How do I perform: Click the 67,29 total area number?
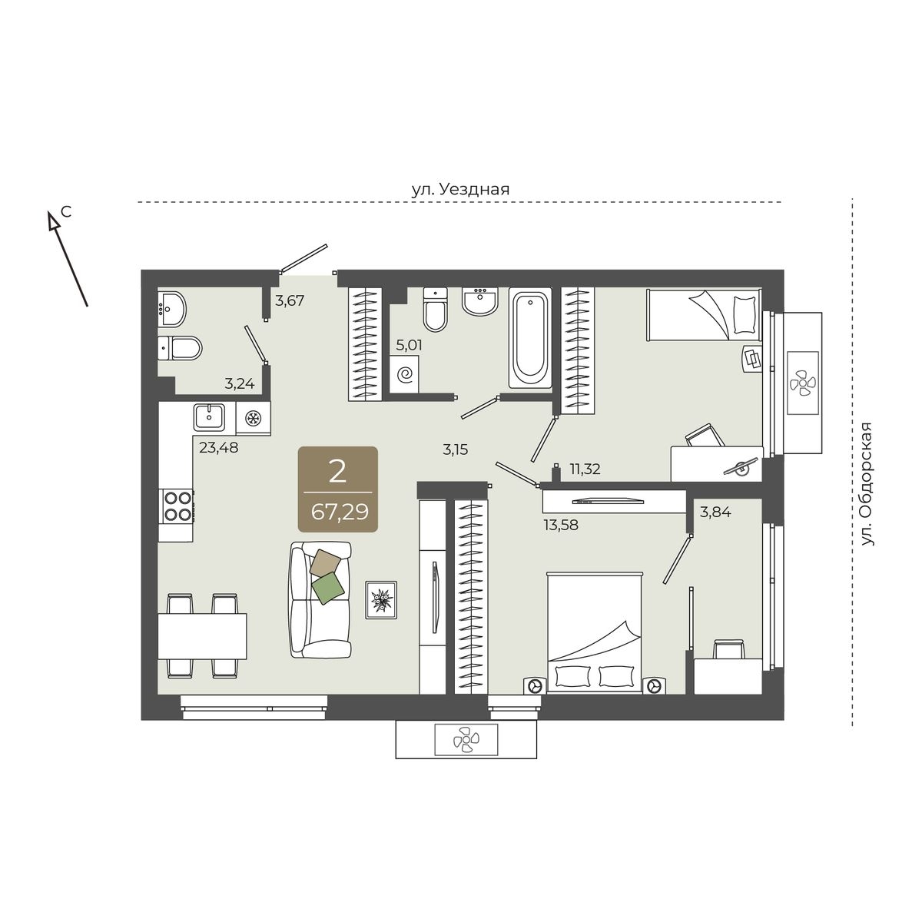click(340, 512)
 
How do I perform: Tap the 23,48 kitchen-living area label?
click(219, 448)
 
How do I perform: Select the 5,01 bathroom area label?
click(409, 345)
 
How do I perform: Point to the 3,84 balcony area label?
click(716, 512)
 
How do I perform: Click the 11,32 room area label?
click(585, 469)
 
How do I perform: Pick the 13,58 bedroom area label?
click(561, 526)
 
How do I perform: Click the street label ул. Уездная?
click(461, 190)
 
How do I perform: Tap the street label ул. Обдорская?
click(867, 484)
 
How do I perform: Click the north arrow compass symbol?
click(67, 258)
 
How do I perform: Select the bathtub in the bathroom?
click(529, 338)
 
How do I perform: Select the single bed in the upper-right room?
click(704, 315)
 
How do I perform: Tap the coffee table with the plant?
click(381, 600)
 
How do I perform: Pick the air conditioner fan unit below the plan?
click(466, 740)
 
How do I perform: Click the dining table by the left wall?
click(202, 636)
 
